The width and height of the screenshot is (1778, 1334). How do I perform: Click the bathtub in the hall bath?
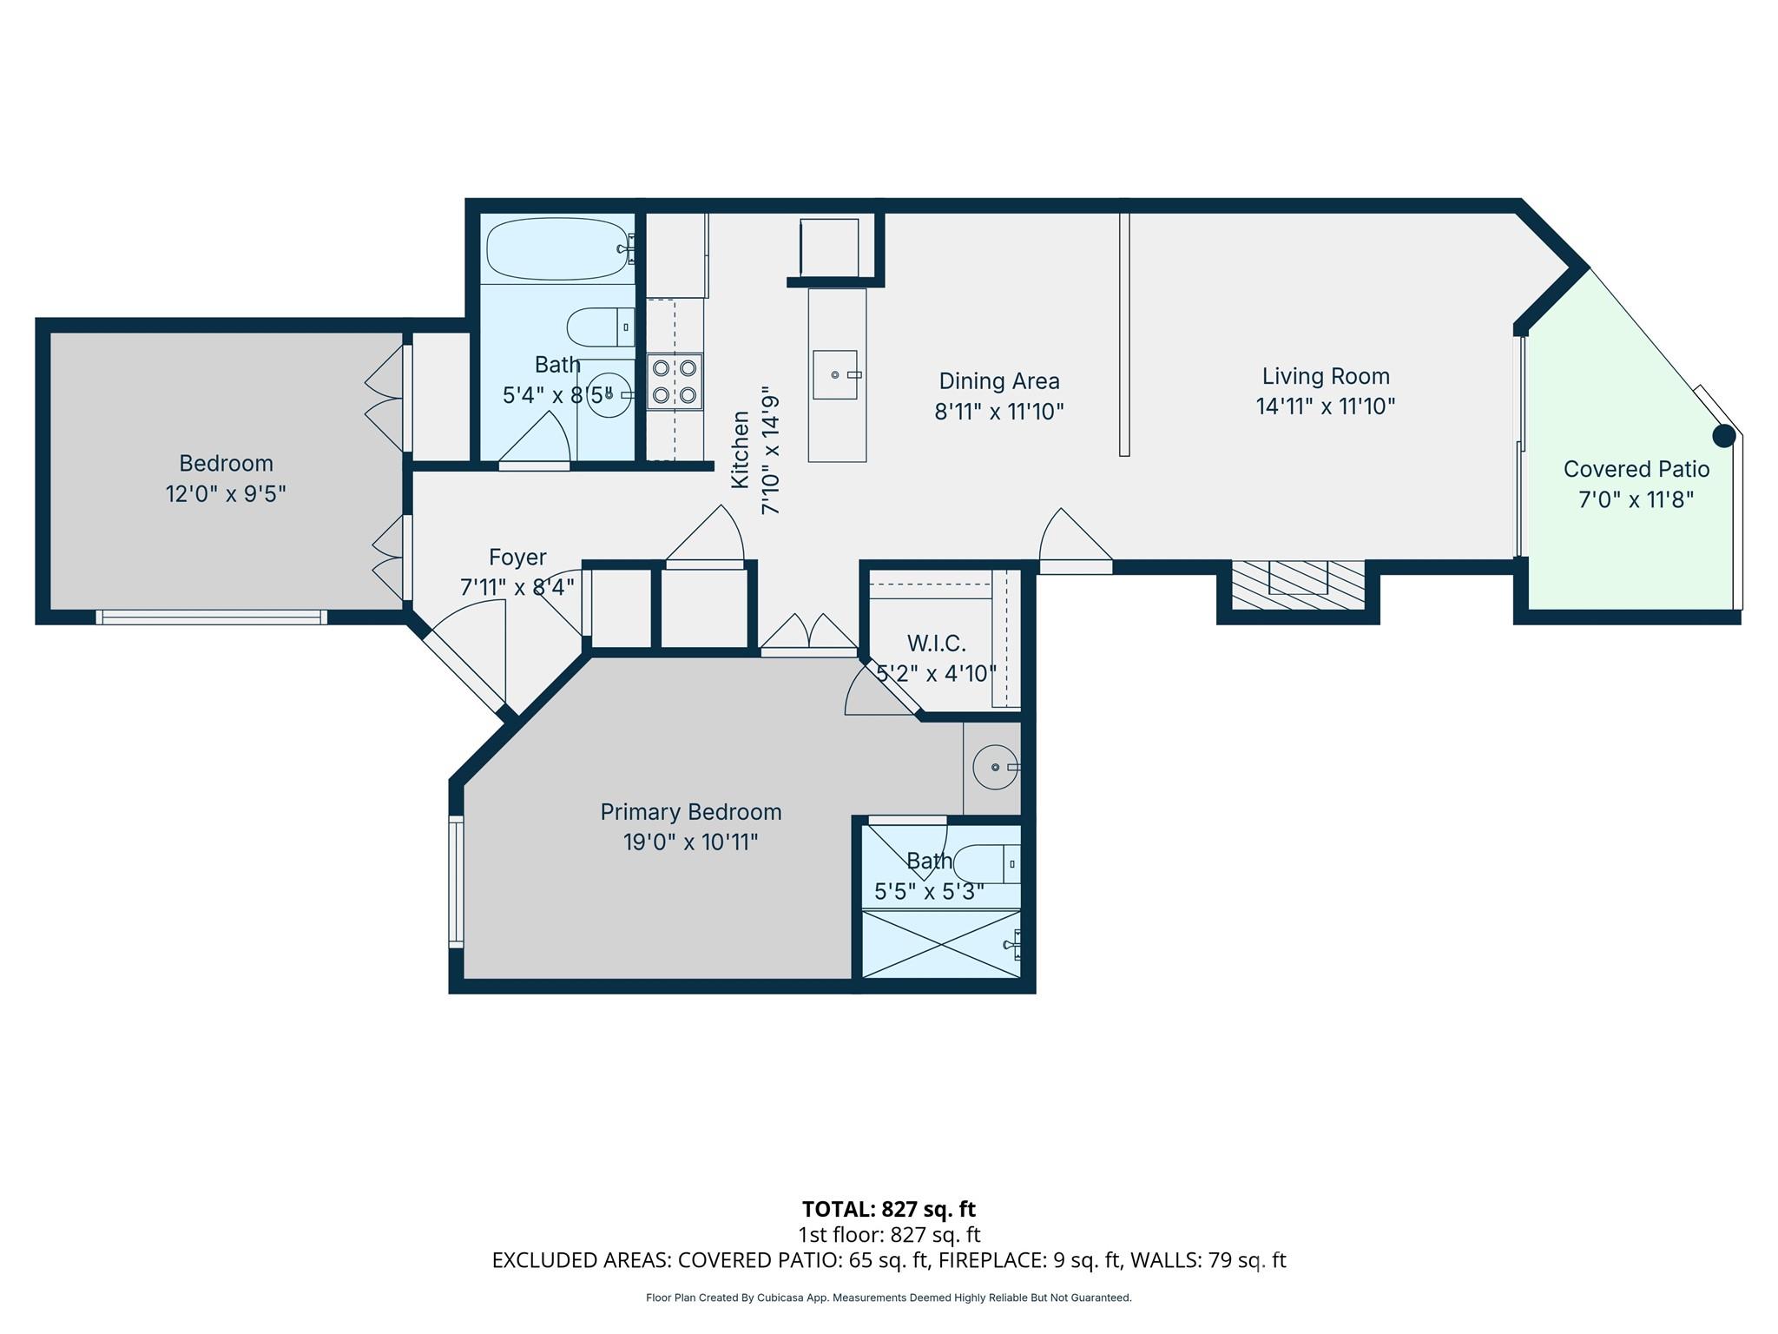(x=556, y=248)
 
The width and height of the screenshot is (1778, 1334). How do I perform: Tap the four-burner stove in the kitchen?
(x=675, y=381)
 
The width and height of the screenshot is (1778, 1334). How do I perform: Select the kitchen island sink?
(x=835, y=374)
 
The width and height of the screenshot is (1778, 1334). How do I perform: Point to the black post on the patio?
(x=1723, y=436)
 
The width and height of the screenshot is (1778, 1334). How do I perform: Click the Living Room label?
(x=1325, y=376)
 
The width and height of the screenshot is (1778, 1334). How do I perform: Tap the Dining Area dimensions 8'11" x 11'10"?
(x=998, y=412)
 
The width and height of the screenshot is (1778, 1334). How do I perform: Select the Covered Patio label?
(x=1636, y=469)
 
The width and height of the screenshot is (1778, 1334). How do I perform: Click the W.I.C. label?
(x=936, y=644)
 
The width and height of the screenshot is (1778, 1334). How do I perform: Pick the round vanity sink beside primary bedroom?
(x=994, y=768)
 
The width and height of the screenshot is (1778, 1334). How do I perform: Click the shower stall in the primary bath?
(x=940, y=944)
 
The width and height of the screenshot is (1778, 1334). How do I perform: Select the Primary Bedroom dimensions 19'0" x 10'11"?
(x=690, y=842)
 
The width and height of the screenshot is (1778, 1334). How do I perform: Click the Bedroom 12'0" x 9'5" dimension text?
(x=226, y=494)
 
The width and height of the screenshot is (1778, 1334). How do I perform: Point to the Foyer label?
(x=517, y=557)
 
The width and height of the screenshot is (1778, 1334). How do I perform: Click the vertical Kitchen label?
(x=740, y=449)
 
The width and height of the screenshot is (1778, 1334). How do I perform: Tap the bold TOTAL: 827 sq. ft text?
(x=888, y=1209)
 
